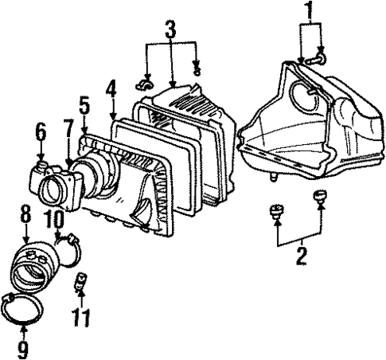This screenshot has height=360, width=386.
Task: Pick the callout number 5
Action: coord(84,105)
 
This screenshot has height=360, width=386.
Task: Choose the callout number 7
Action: coord(69,130)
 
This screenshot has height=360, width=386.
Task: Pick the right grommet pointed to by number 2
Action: coord(321,198)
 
